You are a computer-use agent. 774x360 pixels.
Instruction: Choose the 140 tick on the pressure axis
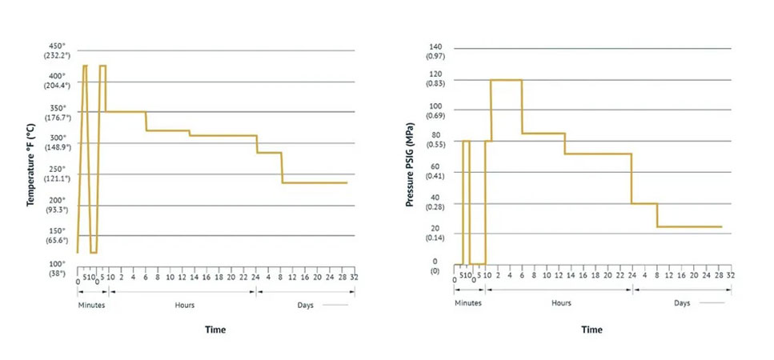point(435,48)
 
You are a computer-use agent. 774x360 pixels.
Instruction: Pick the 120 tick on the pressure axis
point(435,74)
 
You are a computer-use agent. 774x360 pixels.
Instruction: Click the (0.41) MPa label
point(435,174)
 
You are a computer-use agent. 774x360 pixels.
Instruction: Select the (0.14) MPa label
point(435,238)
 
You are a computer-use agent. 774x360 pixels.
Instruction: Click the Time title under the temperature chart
point(215,330)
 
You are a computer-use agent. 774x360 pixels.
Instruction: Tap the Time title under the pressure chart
point(592,330)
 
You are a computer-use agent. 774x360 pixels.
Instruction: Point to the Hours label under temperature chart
point(184,304)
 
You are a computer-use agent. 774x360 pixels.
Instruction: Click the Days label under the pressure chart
point(682,303)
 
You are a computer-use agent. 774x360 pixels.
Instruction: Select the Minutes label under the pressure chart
point(468,303)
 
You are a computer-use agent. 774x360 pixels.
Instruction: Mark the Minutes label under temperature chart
point(92,304)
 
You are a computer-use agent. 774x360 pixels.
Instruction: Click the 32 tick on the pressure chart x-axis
point(730,276)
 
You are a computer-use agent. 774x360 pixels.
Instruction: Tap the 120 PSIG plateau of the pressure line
point(506,80)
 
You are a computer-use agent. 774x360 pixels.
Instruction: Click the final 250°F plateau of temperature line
point(315,182)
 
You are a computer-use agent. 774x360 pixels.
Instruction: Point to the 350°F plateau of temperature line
point(126,111)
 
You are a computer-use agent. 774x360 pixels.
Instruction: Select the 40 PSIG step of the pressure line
point(644,203)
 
